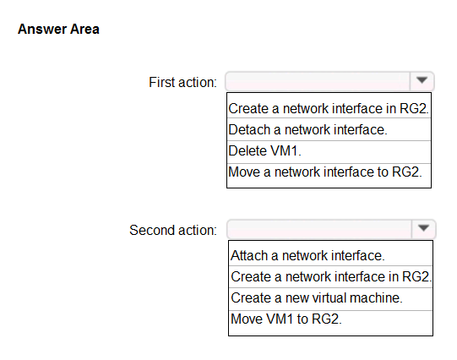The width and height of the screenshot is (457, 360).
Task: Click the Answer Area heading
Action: click(x=58, y=29)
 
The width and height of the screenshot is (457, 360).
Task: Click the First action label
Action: click(x=182, y=82)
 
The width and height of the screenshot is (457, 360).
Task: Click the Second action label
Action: click(x=173, y=230)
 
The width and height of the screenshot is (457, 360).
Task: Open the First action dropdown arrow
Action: click(x=422, y=80)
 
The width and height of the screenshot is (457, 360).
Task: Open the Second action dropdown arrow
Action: click(x=423, y=228)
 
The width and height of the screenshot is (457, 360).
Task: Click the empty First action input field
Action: click(x=318, y=81)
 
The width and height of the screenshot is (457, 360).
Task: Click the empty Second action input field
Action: click(x=319, y=229)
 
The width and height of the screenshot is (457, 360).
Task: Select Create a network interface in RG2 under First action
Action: click(x=329, y=108)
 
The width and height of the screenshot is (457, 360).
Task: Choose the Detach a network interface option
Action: click(x=307, y=129)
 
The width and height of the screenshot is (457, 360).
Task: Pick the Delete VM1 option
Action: click(x=264, y=151)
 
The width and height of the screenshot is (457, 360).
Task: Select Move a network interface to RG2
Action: click(x=325, y=172)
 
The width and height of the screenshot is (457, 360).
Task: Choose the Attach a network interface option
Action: click(x=307, y=256)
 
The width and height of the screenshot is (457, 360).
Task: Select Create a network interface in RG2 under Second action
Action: click(x=331, y=276)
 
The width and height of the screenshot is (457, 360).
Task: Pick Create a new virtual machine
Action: click(x=317, y=298)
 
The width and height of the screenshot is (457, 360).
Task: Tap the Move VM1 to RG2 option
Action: click(x=286, y=319)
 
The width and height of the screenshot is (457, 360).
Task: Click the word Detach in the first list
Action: click(x=249, y=129)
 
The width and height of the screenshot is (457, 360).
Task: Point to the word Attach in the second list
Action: click(x=249, y=256)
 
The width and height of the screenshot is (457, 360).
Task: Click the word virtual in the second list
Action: click(x=329, y=298)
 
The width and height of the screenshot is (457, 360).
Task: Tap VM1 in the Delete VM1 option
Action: click(x=284, y=151)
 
